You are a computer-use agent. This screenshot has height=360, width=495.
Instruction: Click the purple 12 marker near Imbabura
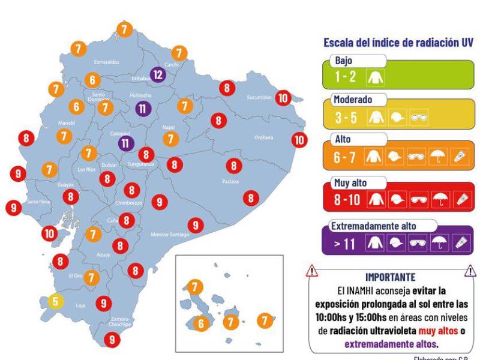coord(157,74)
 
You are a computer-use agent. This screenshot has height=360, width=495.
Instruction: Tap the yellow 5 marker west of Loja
coord(55,301)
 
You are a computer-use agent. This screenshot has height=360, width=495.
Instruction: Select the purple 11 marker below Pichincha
coord(143,109)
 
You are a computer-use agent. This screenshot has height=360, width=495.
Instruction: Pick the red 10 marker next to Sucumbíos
coord(283,97)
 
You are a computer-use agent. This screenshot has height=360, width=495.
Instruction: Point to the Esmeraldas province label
coord(106,62)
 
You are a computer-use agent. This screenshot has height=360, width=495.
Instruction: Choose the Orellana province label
coord(263,137)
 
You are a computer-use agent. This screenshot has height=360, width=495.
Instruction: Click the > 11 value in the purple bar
coord(347,244)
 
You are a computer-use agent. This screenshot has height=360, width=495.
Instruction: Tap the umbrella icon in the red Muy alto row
coord(439,199)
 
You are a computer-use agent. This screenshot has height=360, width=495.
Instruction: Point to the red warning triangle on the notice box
coord(313,271)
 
